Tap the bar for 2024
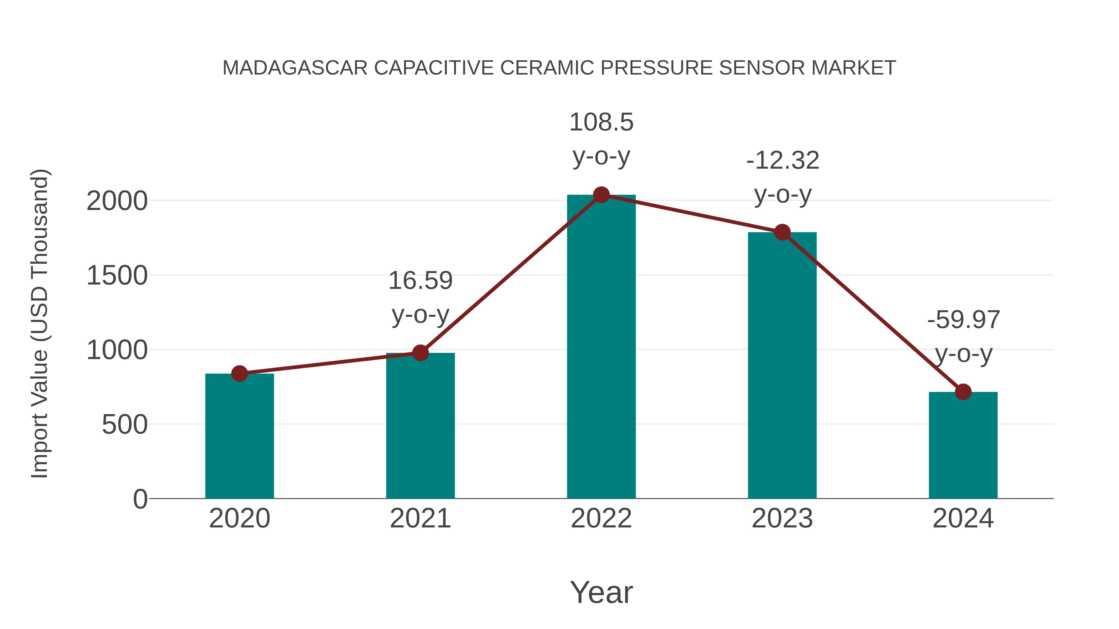click(x=963, y=445)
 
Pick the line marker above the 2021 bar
click(x=420, y=353)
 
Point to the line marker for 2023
click(x=782, y=232)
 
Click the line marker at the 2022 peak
click(x=601, y=195)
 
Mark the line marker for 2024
click(x=963, y=392)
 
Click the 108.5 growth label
click(x=601, y=122)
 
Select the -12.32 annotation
click(x=782, y=161)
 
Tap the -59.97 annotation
click(x=964, y=320)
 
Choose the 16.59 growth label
click(x=420, y=281)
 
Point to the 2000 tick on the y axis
click(x=117, y=201)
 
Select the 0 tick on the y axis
click(x=140, y=499)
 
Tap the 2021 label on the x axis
click(x=420, y=518)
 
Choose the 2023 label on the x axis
click(x=782, y=518)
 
